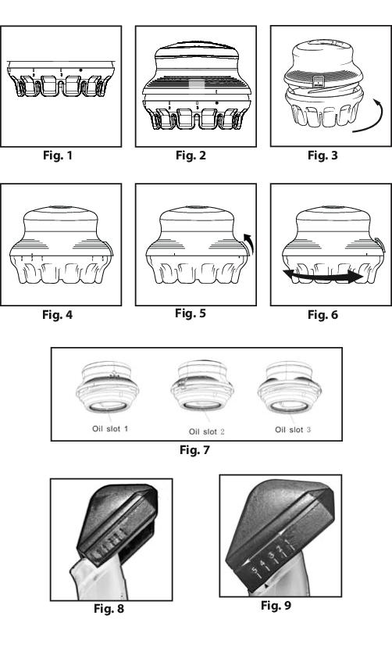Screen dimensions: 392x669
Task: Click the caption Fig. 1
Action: click(58, 156)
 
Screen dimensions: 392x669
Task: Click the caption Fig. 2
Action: click(191, 156)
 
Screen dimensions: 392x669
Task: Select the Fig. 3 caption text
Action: click(323, 156)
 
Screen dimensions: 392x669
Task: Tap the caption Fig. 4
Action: click(58, 315)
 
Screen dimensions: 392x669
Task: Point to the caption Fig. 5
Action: click(191, 313)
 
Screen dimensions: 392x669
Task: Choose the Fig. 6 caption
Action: click(323, 315)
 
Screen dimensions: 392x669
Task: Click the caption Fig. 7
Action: click(194, 449)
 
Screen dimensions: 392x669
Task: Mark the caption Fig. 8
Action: click(109, 608)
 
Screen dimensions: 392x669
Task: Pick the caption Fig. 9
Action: click(276, 605)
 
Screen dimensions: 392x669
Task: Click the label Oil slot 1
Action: click(110, 428)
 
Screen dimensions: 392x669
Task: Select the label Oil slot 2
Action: click(207, 431)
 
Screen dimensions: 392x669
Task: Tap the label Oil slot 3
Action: click(293, 430)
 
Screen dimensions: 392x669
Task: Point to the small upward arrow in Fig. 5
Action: click(249, 243)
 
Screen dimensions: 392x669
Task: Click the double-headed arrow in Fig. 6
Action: click(324, 277)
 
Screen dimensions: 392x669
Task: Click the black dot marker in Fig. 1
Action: click(80, 70)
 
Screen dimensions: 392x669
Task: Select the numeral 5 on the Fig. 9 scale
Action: click(255, 570)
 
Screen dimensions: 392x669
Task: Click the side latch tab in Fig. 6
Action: click(380, 245)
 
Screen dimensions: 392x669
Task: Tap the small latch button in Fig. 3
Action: click(318, 81)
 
